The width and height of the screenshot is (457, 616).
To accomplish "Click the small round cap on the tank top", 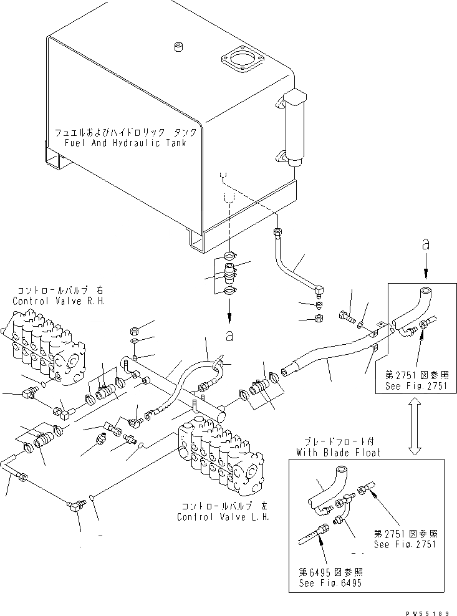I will pyautogui.click(x=178, y=47).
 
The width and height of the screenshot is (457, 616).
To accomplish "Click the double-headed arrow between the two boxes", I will pyautogui.click(x=415, y=428).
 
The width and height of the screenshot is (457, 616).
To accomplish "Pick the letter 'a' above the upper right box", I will pyautogui.click(x=425, y=246).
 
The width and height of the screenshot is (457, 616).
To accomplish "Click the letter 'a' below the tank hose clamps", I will pyautogui.click(x=229, y=335).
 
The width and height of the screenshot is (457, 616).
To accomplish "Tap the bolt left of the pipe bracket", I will pyautogui.click(x=347, y=317).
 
